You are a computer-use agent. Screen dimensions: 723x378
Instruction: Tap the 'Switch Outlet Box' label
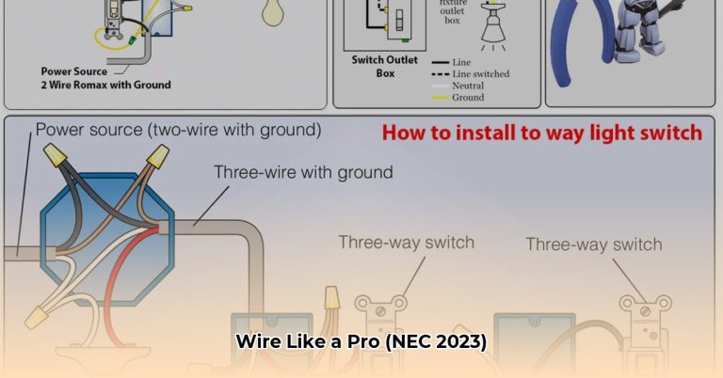pyautogui.click(x=373, y=66)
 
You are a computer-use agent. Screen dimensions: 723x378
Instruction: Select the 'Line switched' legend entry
pyautogui.click(x=480, y=74)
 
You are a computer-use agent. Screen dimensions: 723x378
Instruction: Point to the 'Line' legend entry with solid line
pyautogui.click(x=460, y=62)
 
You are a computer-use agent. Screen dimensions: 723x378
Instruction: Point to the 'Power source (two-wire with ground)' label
pyautogui.click(x=178, y=128)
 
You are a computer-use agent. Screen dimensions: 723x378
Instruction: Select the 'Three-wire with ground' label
pyautogui.click(x=303, y=172)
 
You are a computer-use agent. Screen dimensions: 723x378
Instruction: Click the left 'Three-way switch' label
pyautogui.click(x=407, y=242)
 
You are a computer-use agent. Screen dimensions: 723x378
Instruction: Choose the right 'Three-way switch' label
pyautogui.click(x=593, y=244)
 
